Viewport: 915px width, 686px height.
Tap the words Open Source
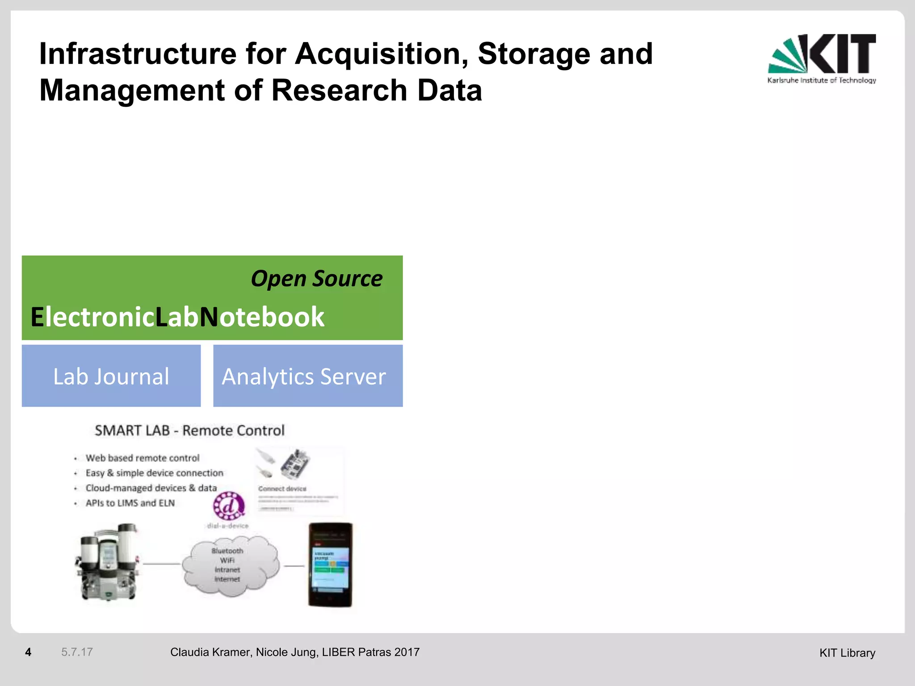click(316, 279)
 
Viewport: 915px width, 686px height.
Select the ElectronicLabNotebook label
click(177, 317)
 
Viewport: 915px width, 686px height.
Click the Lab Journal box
click(111, 376)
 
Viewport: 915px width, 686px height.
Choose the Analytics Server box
click(308, 376)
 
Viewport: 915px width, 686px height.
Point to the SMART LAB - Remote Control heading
click(189, 431)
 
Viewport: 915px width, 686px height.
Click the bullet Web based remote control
click(143, 458)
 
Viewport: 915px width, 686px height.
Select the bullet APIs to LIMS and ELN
click(130, 503)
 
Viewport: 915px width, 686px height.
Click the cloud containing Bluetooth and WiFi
click(230, 565)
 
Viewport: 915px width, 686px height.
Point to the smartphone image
click(331, 565)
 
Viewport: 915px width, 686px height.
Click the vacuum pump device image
click(107, 563)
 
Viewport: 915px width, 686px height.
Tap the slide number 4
click(28, 652)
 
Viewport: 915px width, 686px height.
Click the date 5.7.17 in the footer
click(77, 652)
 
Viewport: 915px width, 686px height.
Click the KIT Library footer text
click(847, 653)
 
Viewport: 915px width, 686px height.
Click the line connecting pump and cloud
click(161, 564)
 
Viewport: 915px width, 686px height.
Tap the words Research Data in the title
click(377, 91)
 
